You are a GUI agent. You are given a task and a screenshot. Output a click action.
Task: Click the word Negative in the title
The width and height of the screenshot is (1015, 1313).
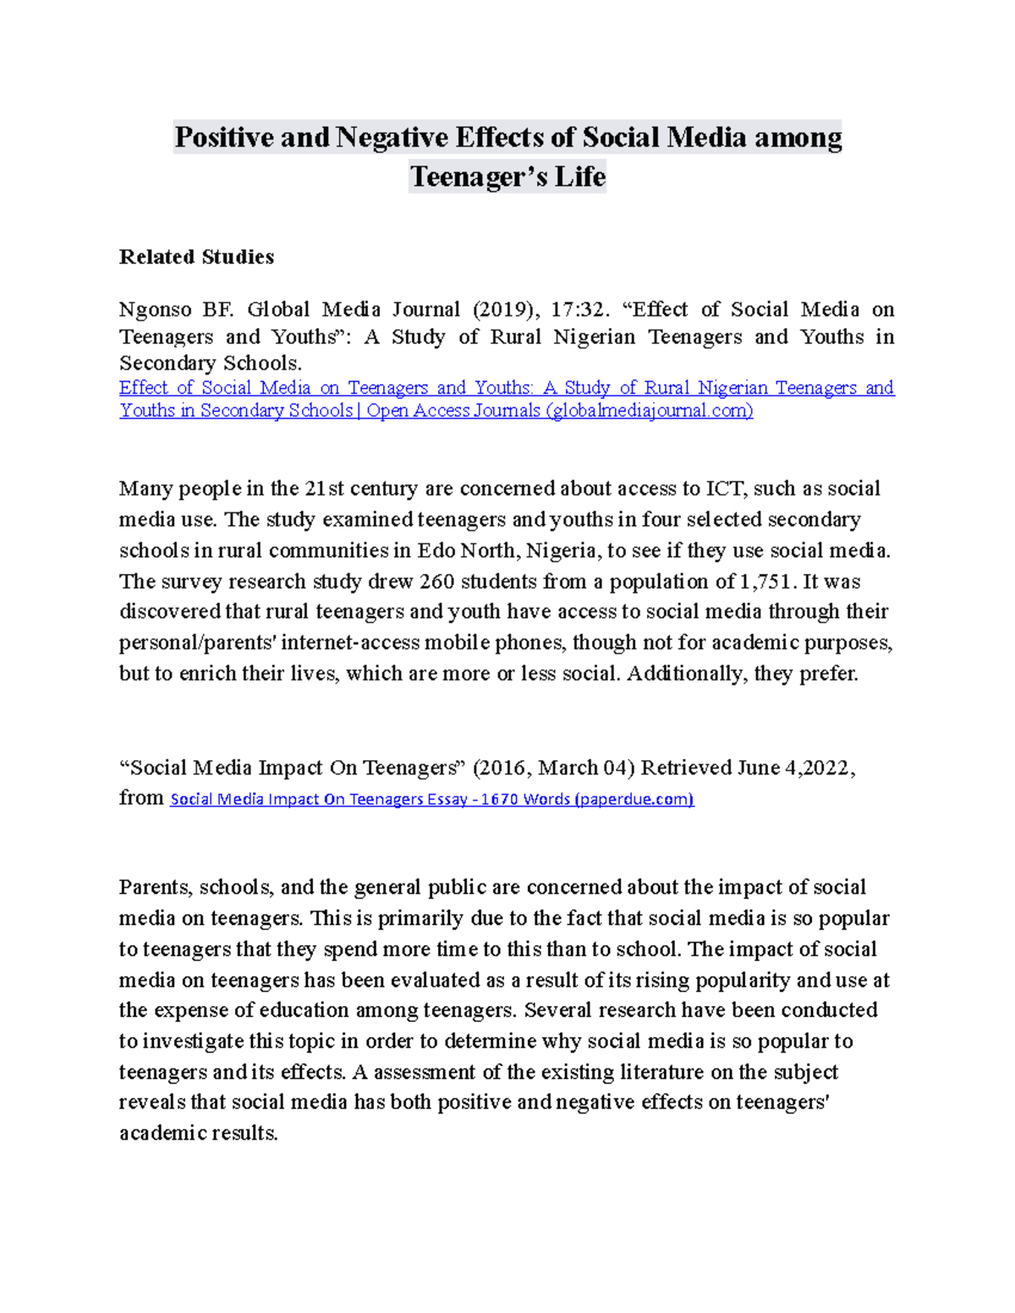392,137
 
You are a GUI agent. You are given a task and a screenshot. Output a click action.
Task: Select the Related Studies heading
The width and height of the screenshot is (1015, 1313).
196,257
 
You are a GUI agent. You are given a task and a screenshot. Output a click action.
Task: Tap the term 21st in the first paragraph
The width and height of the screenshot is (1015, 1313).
325,489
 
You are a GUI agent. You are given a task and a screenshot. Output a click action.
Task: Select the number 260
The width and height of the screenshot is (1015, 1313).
436,582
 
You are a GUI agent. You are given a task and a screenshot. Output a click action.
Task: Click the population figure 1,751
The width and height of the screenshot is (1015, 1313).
767,582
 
